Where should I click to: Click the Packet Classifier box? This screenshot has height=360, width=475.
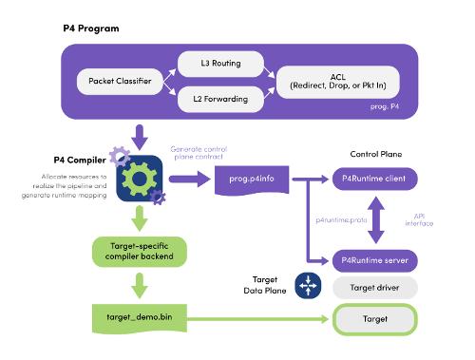point(120,82)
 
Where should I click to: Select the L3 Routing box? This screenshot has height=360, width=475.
point(220,64)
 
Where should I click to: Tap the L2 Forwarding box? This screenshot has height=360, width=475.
point(220,99)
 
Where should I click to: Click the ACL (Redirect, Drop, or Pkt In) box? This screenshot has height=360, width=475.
point(338,82)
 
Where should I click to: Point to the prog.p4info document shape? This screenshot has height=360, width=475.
point(252,180)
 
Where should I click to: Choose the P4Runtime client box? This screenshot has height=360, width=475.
point(374,179)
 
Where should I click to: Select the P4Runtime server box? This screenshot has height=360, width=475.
point(374,260)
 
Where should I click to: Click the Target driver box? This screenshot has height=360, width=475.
point(374,288)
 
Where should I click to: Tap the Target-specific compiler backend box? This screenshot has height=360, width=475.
point(140,252)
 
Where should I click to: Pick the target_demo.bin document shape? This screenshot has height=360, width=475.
point(140,318)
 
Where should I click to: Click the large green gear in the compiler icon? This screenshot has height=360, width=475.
point(139,180)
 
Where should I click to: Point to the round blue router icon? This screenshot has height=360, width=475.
point(308,286)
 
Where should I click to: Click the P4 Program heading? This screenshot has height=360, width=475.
point(91,28)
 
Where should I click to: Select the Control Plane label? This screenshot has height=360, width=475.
point(376,154)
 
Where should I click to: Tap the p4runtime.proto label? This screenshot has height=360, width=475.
point(341,220)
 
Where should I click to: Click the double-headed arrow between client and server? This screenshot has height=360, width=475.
point(376,220)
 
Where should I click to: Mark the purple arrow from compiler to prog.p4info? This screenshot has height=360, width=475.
point(190,180)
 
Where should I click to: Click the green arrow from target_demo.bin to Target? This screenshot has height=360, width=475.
point(257,319)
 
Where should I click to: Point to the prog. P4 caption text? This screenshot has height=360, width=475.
point(385,106)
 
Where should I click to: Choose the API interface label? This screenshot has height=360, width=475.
point(419,219)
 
